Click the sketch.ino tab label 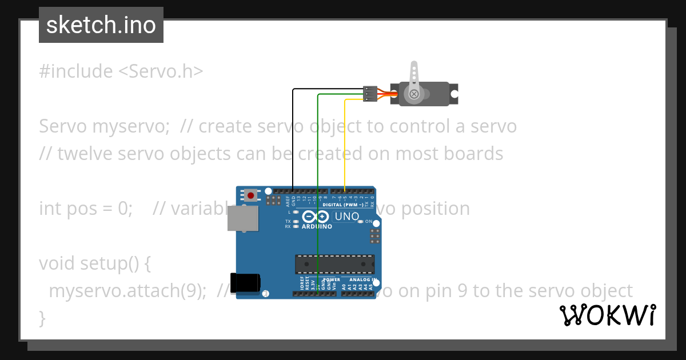[x=101, y=25]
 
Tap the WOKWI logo [x=607, y=315]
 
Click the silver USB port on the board [x=242, y=218]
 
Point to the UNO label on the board [x=346, y=217]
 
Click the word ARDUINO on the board [x=316, y=226]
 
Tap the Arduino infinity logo [x=315, y=217]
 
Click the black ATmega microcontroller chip [x=334, y=265]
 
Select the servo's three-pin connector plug [x=370, y=94]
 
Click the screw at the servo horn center [x=414, y=93]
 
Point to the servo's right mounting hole [x=453, y=93]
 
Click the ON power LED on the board [x=361, y=222]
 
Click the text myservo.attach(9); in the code [x=127, y=291]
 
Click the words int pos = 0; [x=86, y=209]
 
